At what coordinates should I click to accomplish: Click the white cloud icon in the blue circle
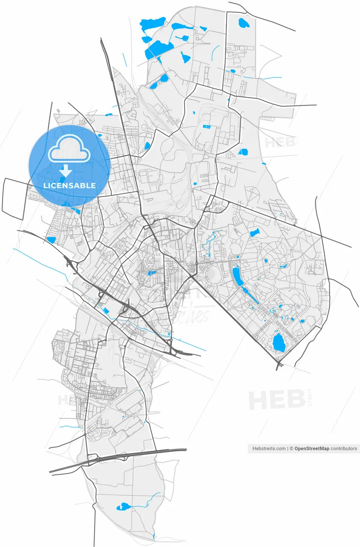click(69, 148)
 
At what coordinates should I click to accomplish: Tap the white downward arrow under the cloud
click(65, 171)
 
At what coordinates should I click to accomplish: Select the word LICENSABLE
click(69, 185)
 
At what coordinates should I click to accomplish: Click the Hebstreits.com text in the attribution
click(269, 448)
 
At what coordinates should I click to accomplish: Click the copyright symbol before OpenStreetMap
click(291, 448)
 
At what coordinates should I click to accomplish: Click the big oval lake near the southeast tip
click(278, 342)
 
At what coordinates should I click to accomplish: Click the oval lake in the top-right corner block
click(244, 23)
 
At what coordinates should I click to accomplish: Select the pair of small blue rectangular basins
click(207, 127)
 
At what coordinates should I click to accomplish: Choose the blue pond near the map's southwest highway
click(51, 240)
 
